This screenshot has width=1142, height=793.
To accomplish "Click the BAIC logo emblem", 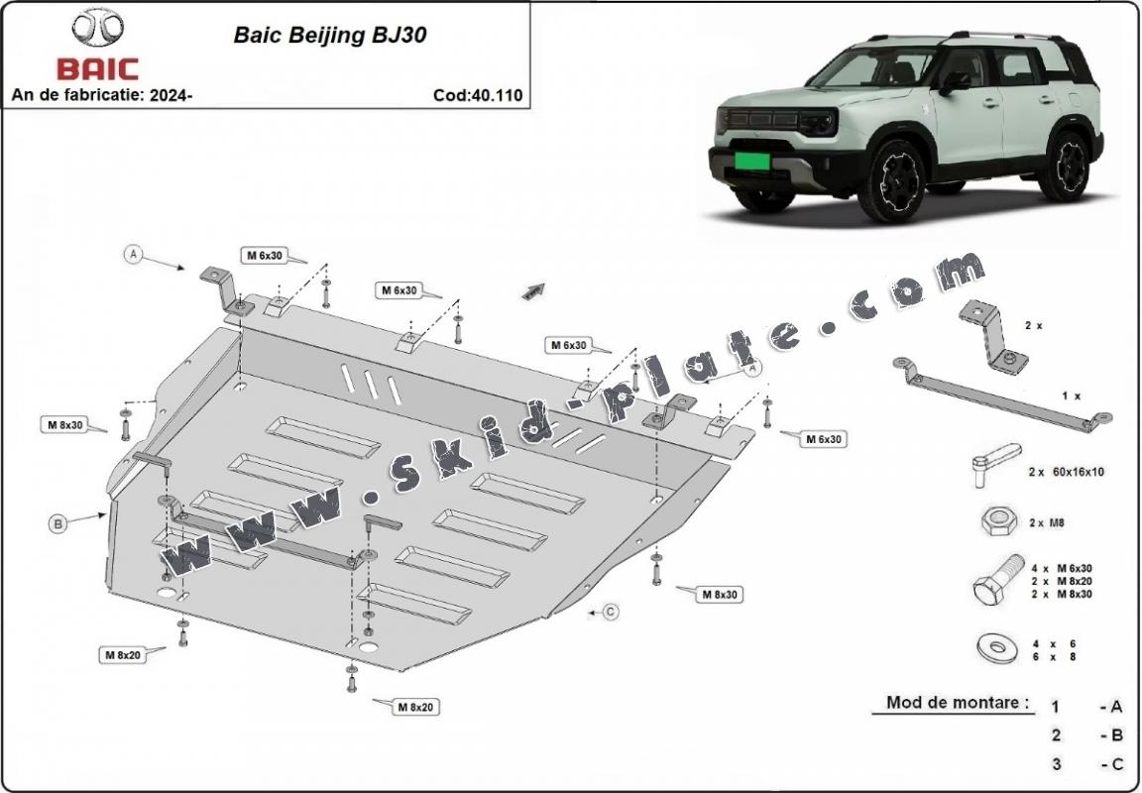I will [96, 30].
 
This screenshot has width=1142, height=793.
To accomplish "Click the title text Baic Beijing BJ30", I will [330, 34].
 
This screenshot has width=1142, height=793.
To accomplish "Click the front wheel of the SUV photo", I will [890, 181].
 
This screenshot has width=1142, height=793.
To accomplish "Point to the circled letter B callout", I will [58, 524].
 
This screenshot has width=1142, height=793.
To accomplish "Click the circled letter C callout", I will [611, 612].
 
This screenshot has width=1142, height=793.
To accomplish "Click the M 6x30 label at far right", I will [824, 437].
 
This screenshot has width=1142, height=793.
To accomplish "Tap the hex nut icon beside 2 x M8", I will [995, 521].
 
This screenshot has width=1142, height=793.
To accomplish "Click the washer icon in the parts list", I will [995, 649].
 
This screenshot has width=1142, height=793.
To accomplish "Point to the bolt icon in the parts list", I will [994, 582].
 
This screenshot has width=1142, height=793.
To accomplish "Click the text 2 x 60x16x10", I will [1066, 472].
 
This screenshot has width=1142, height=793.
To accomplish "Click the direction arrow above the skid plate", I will [534, 289].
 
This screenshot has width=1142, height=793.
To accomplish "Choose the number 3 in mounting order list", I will [1057, 763].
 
